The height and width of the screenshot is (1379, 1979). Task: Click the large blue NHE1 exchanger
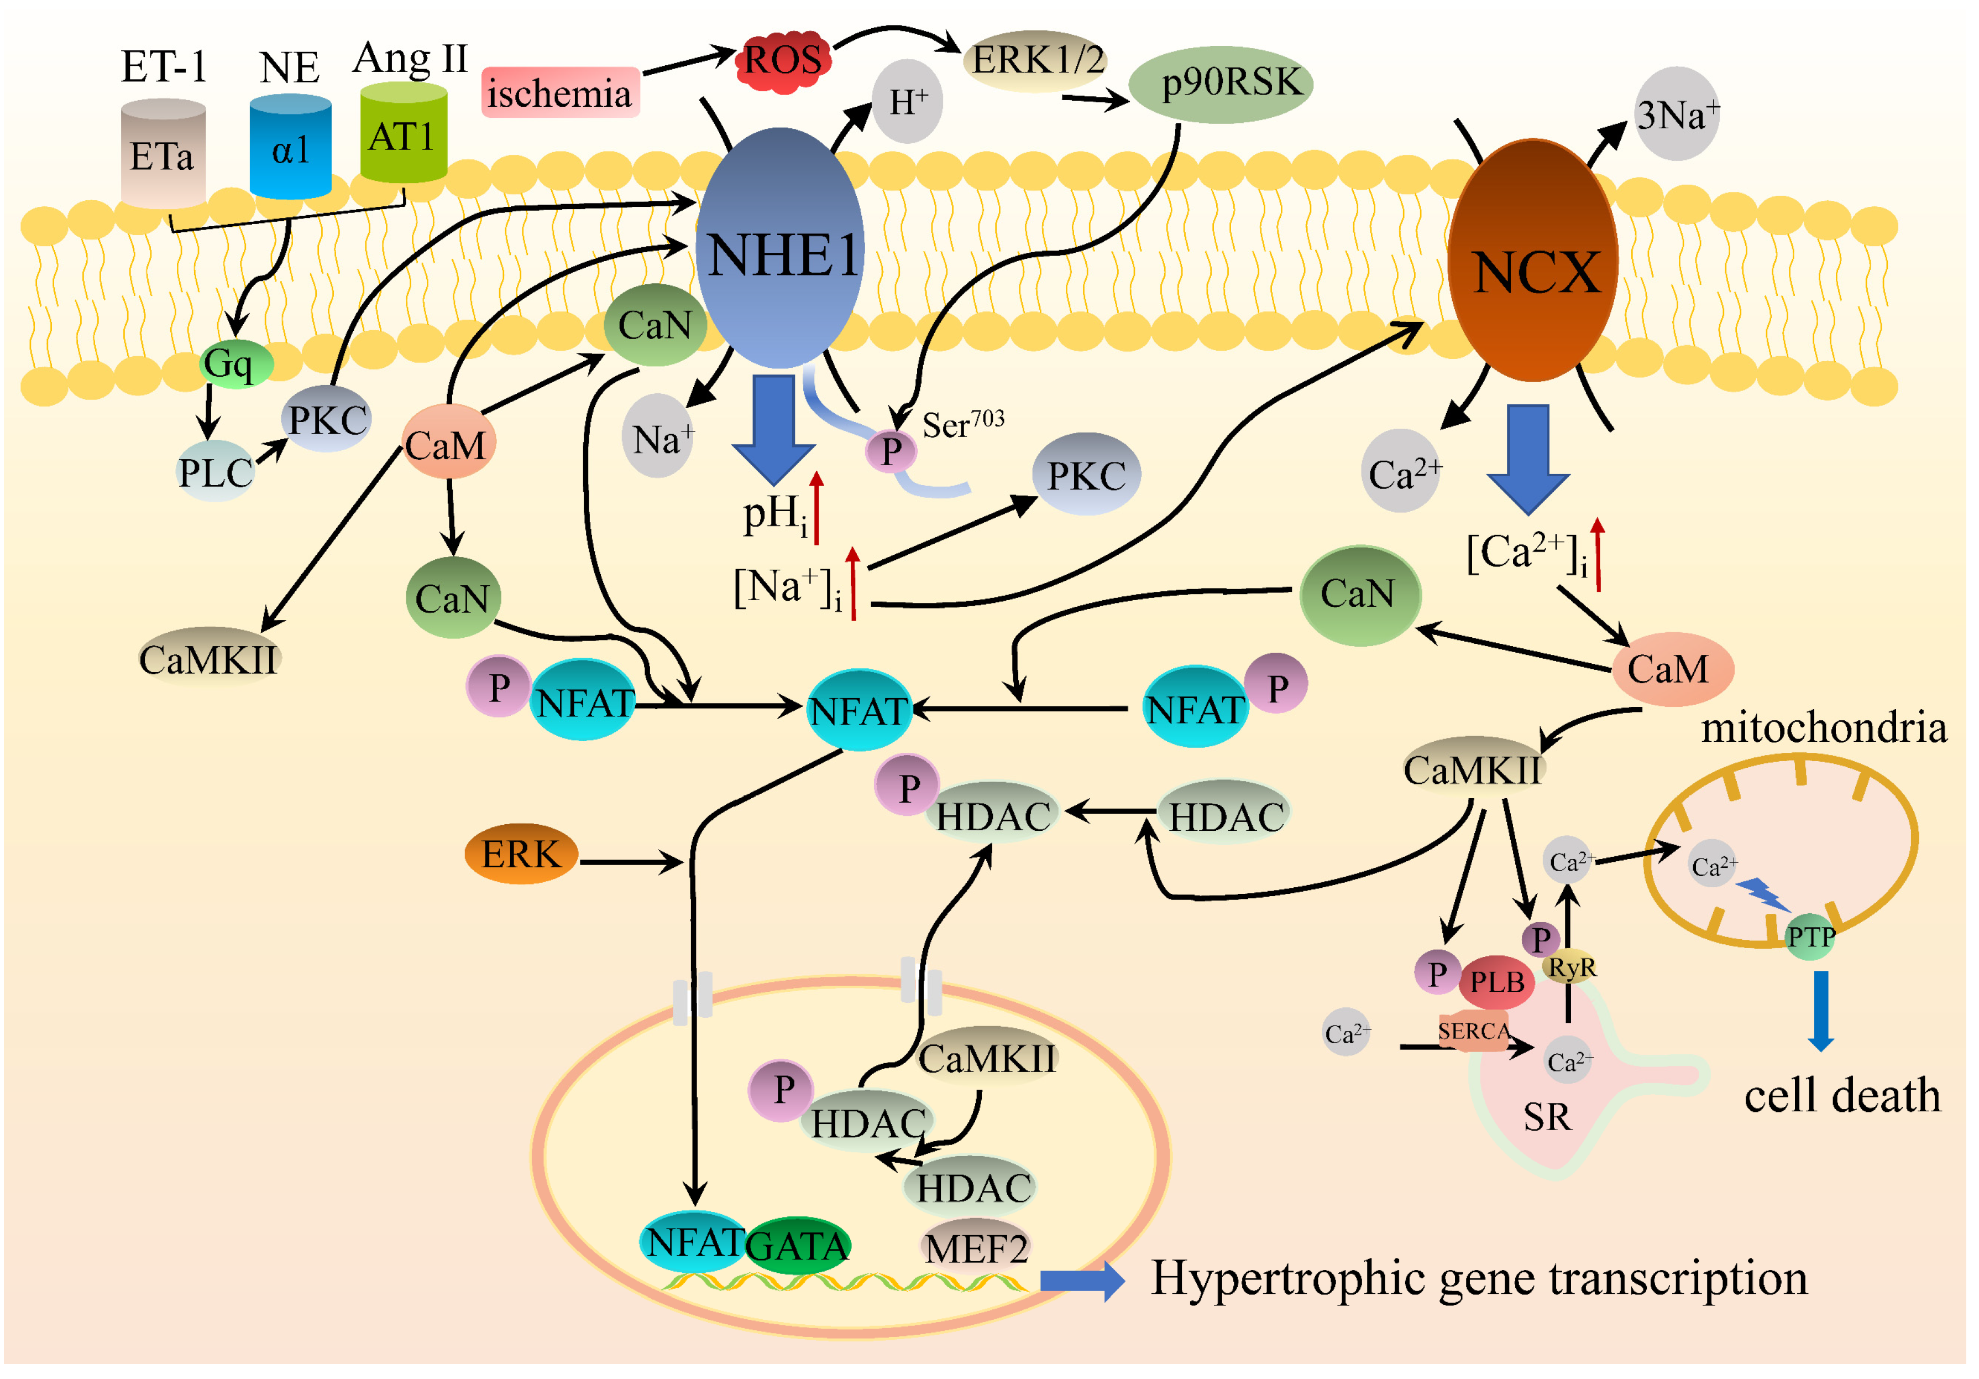coord(780,250)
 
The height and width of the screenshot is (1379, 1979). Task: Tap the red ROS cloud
coord(783,60)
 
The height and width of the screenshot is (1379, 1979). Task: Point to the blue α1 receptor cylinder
coord(290,148)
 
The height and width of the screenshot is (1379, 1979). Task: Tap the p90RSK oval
coord(1219,84)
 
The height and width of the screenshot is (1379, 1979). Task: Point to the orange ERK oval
coord(521,854)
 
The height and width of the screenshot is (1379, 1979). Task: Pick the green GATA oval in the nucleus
coord(797,1245)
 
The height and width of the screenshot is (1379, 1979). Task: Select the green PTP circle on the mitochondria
coord(1809,936)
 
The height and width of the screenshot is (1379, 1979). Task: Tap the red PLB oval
coord(1497,981)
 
